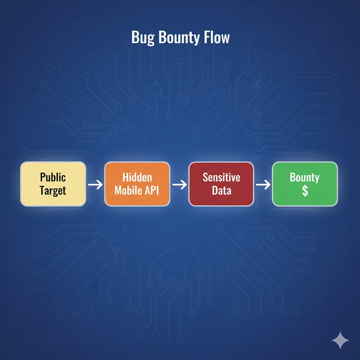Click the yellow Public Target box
pos(53,184)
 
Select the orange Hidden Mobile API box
pos(137,184)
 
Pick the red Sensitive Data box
pos(221,184)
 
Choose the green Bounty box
pos(305,184)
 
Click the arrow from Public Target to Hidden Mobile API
pos(95,185)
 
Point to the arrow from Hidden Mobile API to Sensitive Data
pos(179,185)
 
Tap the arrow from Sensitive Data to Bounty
pos(263,185)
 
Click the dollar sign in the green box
pos(305,191)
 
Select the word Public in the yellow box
pos(53,178)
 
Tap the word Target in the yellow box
pos(53,191)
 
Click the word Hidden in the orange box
pos(137,178)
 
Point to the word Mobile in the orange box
pos(127,191)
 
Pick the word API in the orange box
pos(151,191)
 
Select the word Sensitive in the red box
pos(221,178)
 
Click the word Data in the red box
pos(221,191)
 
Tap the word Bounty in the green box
pos(305,178)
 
